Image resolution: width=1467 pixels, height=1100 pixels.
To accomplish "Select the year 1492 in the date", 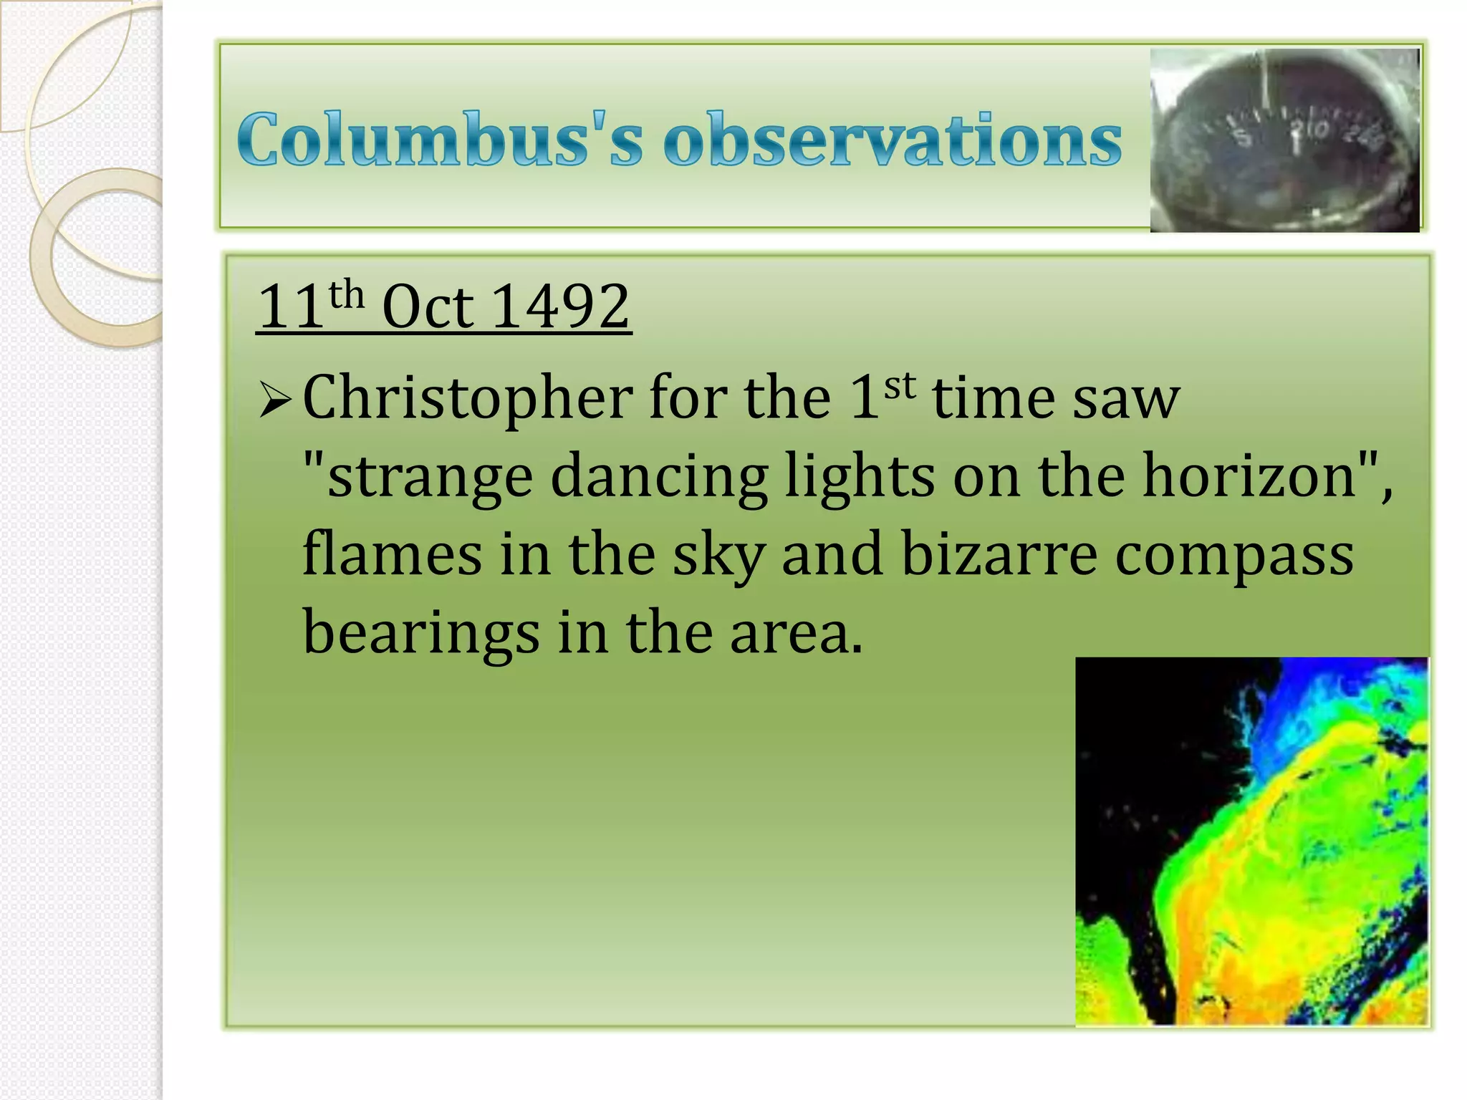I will pyautogui.click(x=561, y=307).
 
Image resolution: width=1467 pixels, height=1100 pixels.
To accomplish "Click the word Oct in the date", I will pyautogui.click(x=428, y=307).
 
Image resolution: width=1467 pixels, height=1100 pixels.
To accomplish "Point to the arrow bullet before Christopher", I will pyautogui.click(x=274, y=399).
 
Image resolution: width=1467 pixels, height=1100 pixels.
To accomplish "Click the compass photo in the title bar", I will pyautogui.click(x=1284, y=140).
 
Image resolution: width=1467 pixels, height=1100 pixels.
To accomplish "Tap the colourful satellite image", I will pyautogui.click(x=1251, y=841).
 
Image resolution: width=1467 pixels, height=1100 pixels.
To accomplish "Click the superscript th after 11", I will pyautogui.click(x=347, y=295).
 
